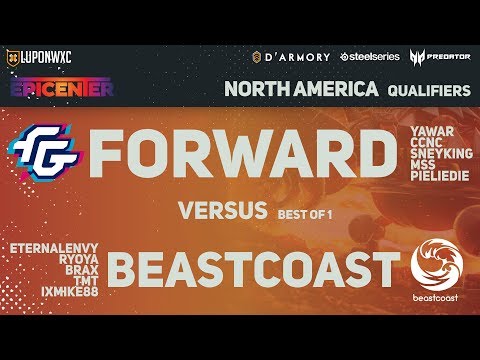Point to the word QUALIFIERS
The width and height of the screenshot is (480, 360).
coord(427,90)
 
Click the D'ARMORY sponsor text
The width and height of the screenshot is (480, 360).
coord(292,56)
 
